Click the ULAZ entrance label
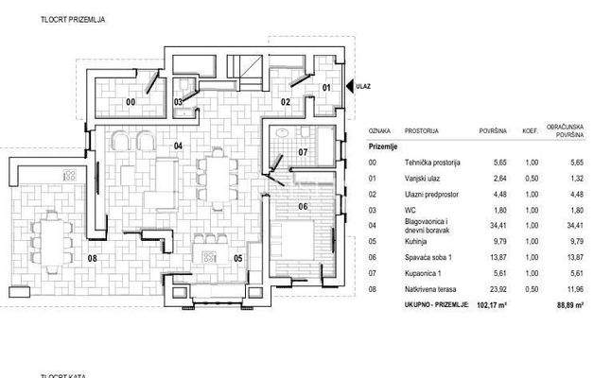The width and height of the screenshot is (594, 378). coord(363,86)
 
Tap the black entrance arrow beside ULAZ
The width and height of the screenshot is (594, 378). coord(348,86)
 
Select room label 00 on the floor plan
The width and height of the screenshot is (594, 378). coord(131,100)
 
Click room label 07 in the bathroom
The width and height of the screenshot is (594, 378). coord(303,151)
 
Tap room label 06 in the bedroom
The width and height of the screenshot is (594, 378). coord(303,206)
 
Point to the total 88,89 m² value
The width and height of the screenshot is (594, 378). coord(569,305)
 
